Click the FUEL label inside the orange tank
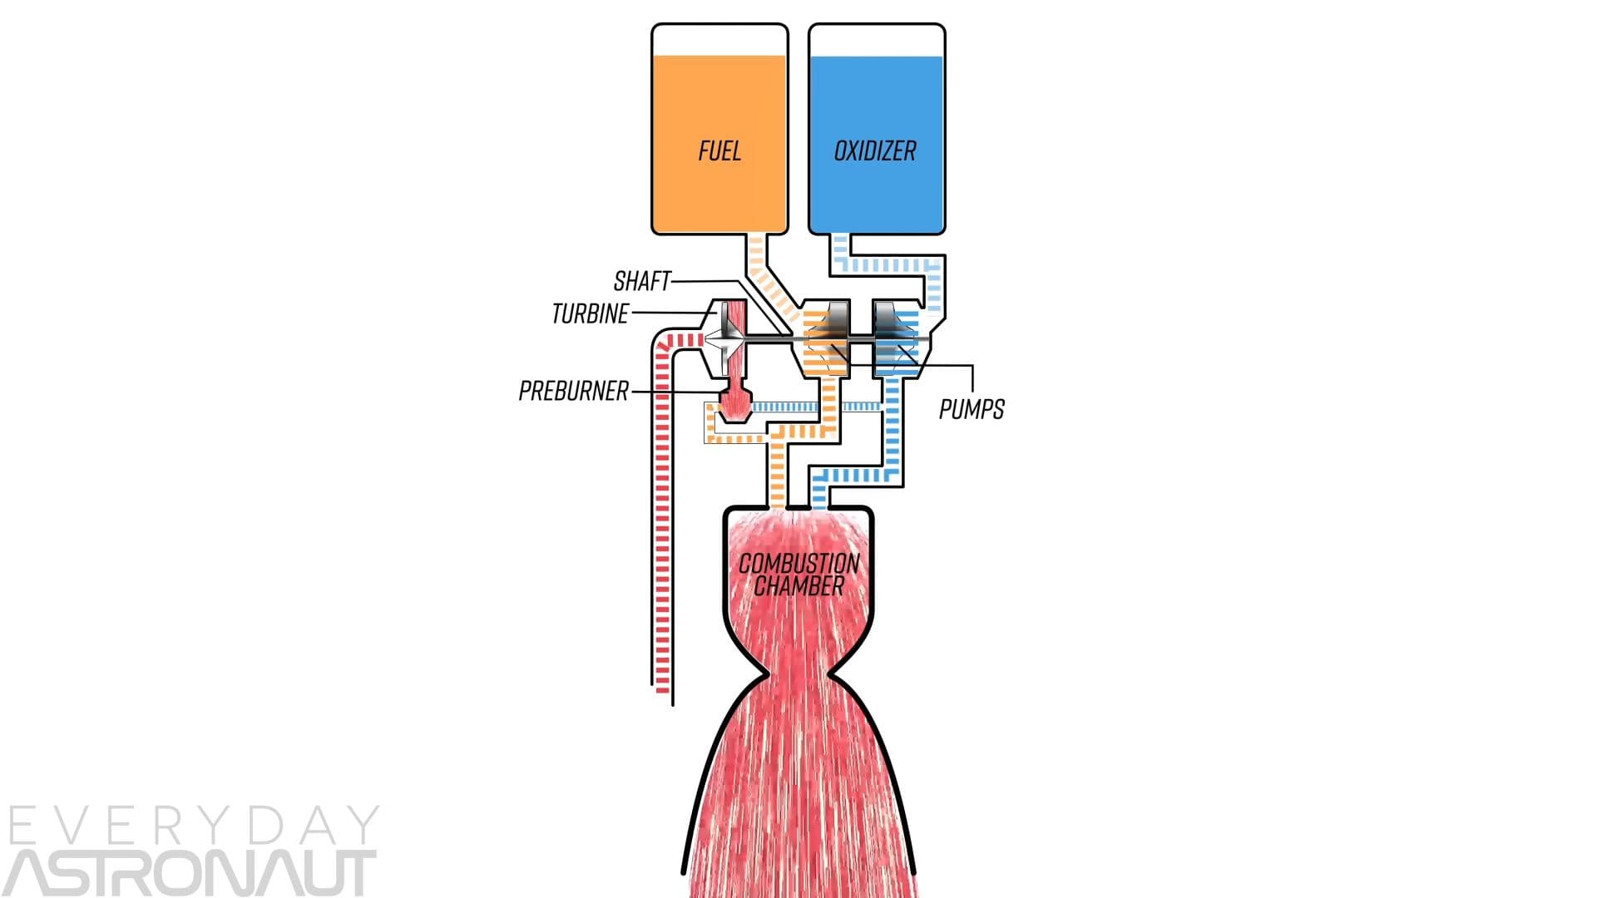(719, 151)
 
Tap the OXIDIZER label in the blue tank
(875, 151)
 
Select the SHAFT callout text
(641, 282)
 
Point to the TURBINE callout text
(590, 314)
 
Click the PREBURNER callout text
(573, 391)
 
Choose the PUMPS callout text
(972, 409)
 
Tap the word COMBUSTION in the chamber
(798, 564)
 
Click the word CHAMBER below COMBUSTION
(798, 586)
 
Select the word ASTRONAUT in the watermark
(191, 873)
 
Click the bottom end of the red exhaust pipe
(662, 687)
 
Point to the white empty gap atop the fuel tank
(719, 40)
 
